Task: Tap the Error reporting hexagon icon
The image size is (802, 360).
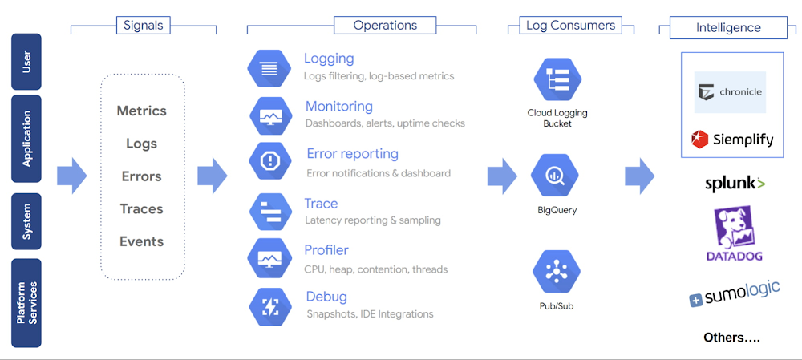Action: click(x=270, y=161)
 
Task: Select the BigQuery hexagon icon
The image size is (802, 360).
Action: click(x=555, y=174)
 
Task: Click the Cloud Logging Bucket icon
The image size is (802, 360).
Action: click(x=557, y=79)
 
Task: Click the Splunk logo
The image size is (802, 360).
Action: click(x=734, y=184)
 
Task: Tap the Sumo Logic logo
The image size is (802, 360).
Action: click(x=734, y=293)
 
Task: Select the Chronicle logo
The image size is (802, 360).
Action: click(x=730, y=91)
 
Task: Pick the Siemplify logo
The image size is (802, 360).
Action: click(x=732, y=139)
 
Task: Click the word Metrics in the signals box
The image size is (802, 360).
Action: click(x=142, y=111)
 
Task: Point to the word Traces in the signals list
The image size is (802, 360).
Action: click(x=142, y=208)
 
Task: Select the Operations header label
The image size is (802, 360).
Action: click(x=385, y=25)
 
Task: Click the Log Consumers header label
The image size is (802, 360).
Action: click(x=570, y=25)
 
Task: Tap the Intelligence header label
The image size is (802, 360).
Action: click(x=728, y=27)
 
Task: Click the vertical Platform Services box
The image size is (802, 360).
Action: click(x=27, y=302)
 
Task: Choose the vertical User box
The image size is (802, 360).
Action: click(x=26, y=62)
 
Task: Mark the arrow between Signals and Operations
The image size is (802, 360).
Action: click(x=212, y=176)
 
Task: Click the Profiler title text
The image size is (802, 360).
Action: click(x=326, y=250)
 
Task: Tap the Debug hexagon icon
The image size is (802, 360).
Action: click(x=270, y=305)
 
